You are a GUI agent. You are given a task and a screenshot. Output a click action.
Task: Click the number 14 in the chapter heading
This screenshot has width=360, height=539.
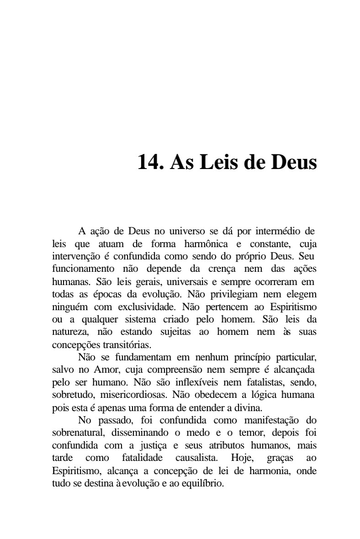[148, 162]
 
